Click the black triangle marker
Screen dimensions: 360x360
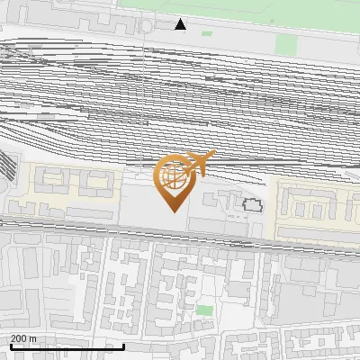[x=181, y=24]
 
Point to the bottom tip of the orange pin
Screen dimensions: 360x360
[x=175, y=211]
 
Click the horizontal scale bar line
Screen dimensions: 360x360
[x=67, y=346]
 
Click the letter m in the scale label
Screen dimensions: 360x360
[x=33, y=338]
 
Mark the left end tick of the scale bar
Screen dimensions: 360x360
[x=10, y=345]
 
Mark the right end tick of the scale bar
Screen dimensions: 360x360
[x=123, y=345]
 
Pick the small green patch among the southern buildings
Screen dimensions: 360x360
[x=205, y=310]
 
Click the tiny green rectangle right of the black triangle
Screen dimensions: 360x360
[x=207, y=33]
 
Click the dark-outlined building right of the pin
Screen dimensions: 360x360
[x=252, y=205]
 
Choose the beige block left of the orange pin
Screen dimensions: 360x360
[x=72, y=190]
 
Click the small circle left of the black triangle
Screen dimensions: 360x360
[x=146, y=27]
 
